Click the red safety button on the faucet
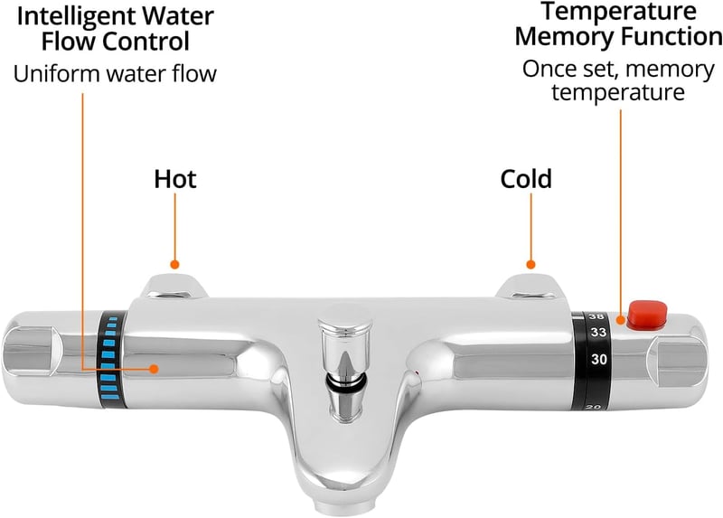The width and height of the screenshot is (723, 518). click(x=647, y=314)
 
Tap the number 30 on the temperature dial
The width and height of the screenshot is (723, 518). click(x=599, y=359)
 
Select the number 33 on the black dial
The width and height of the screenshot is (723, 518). click(x=598, y=332)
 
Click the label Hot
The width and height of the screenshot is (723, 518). click(x=175, y=179)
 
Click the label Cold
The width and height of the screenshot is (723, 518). click(x=526, y=179)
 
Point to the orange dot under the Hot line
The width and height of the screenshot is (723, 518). click(x=174, y=264)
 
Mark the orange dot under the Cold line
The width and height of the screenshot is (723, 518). click(x=531, y=264)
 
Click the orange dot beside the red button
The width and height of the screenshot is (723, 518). click(x=621, y=320)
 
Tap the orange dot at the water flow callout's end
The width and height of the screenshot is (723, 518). click(x=154, y=369)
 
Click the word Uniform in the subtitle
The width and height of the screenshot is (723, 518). click(x=56, y=74)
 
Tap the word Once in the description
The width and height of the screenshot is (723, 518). click(x=546, y=70)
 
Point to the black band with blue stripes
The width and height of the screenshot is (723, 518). click(x=111, y=360)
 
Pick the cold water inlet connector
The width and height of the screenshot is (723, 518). click(x=530, y=287)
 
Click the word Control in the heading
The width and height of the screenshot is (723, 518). click(x=146, y=42)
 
